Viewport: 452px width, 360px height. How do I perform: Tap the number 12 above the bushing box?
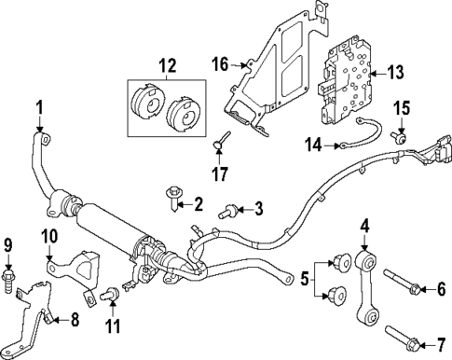click(166, 67)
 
